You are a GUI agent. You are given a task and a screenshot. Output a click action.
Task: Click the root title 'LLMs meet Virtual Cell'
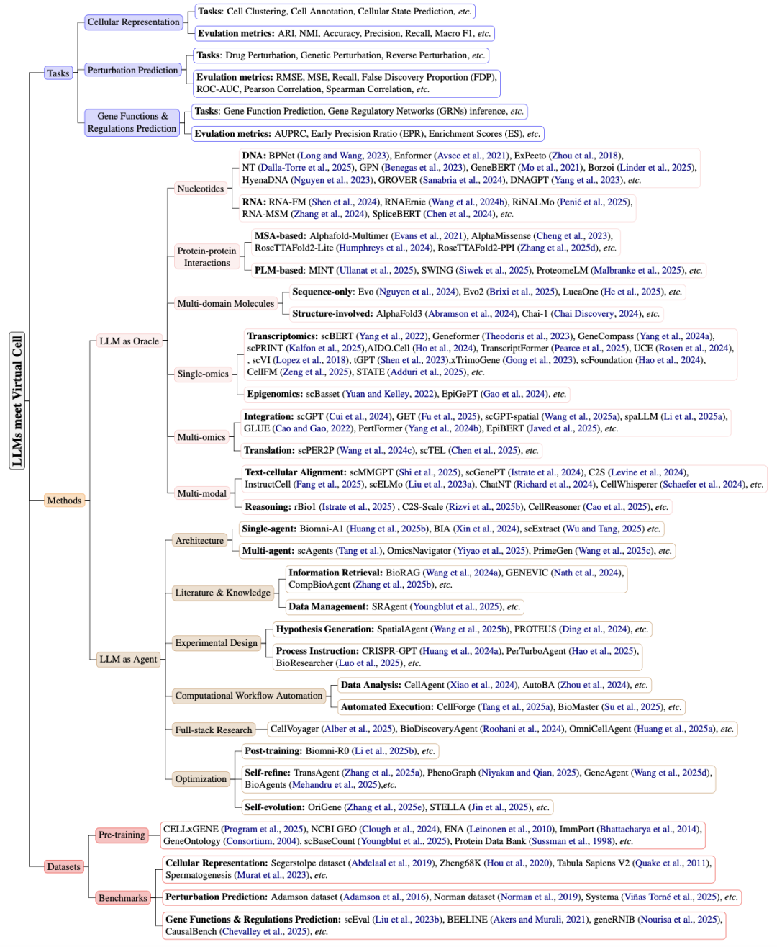point(17,400)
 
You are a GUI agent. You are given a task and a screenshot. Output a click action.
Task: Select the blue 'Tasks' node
point(58,73)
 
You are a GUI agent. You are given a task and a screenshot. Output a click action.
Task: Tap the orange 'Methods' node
point(64,501)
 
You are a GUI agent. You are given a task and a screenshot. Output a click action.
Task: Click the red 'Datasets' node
point(63,866)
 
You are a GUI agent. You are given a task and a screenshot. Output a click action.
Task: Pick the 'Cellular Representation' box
point(133,22)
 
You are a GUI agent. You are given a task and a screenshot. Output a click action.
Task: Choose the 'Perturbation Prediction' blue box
point(132,70)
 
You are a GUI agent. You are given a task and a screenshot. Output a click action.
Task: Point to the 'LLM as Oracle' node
point(129,341)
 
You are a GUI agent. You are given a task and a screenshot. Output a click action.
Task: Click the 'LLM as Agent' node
point(128,659)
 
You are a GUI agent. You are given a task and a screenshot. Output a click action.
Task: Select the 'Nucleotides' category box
point(201,189)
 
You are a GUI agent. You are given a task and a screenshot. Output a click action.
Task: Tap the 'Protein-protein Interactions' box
point(206,256)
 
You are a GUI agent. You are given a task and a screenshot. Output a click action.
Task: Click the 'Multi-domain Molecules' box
point(226,303)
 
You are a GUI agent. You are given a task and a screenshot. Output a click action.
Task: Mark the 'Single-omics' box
point(203,374)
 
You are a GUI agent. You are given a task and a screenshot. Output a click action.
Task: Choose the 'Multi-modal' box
point(201,493)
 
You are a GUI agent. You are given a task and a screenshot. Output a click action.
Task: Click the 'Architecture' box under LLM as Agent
point(199,540)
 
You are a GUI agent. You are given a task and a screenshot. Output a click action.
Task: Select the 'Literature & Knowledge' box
point(222,593)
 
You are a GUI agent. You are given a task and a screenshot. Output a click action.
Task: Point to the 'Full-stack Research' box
point(214,730)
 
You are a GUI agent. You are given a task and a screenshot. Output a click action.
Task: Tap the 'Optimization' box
point(201,778)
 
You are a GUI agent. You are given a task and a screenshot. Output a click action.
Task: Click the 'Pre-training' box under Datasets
point(122,835)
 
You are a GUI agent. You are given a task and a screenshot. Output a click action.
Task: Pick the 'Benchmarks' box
point(122,898)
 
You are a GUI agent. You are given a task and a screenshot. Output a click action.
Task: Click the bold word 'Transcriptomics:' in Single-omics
point(282,336)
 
